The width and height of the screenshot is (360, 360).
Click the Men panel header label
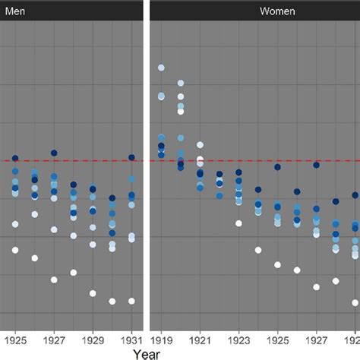click(14, 11)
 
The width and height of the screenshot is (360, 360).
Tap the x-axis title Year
click(147, 352)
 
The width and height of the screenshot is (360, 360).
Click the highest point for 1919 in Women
click(161, 68)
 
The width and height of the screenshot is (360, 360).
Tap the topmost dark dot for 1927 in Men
click(54, 153)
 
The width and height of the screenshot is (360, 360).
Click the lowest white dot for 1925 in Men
click(15, 250)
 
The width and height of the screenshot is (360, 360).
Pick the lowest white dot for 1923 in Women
click(238, 223)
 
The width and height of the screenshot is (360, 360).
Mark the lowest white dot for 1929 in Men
click(93, 293)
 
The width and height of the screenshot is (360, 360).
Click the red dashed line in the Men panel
click(76, 160)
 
